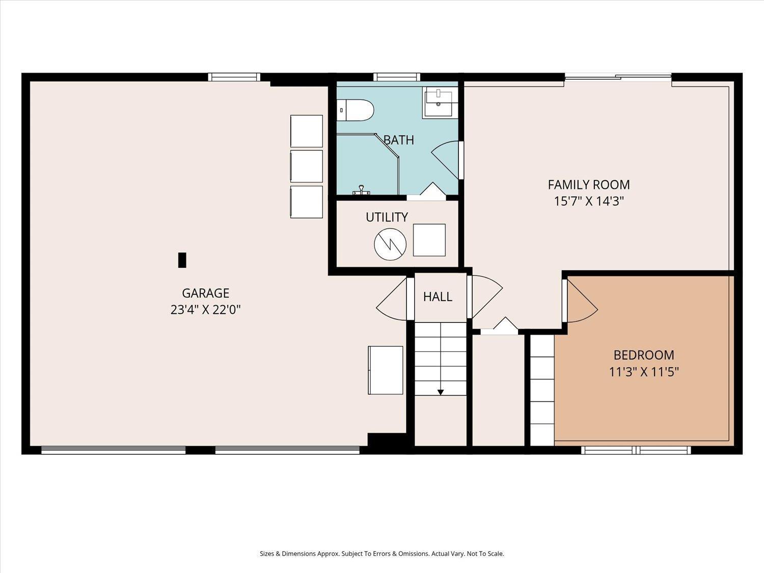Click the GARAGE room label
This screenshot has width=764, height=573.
[x=205, y=293]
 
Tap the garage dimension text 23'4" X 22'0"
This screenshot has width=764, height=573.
[x=205, y=310]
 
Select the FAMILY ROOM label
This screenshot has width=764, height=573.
[x=589, y=185]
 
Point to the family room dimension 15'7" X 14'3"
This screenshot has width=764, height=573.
[x=589, y=201]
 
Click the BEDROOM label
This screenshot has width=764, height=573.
[x=644, y=355]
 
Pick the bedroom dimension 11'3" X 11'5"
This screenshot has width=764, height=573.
[x=644, y=372]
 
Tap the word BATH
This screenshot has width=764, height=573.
[x=399, y=140]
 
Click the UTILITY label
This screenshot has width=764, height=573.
[x=387, y=217]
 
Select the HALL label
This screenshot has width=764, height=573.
[x=438, y=297]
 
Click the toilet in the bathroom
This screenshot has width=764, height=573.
[x=355, y=110]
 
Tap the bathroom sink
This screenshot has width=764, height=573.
[x=438, y=101]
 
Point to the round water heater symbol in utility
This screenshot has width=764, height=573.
[x=390, y=244]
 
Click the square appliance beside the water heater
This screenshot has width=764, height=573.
[x=429, y=240]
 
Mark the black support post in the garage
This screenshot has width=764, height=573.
[x=182, y=260]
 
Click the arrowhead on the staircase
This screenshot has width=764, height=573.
[x=441, y=392]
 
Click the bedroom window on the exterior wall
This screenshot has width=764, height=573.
[x=636, y=450]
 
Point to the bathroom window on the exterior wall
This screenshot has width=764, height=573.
[x=397, y=77]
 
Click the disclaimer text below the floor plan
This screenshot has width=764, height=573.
[x=382, y=554]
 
